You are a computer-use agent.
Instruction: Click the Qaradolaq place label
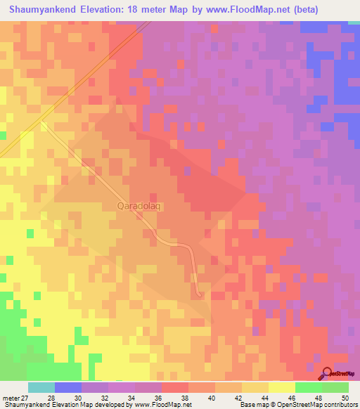(x=139, y=206)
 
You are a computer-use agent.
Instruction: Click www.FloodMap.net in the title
(x=239, y=10)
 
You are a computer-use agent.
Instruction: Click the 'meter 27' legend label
(x=15, y=398)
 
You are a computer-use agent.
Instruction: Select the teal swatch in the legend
(x=41, y=387)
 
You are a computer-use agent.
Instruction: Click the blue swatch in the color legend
(x=68, y=387)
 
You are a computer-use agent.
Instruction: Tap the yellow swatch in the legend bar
(x=282, y=387)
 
